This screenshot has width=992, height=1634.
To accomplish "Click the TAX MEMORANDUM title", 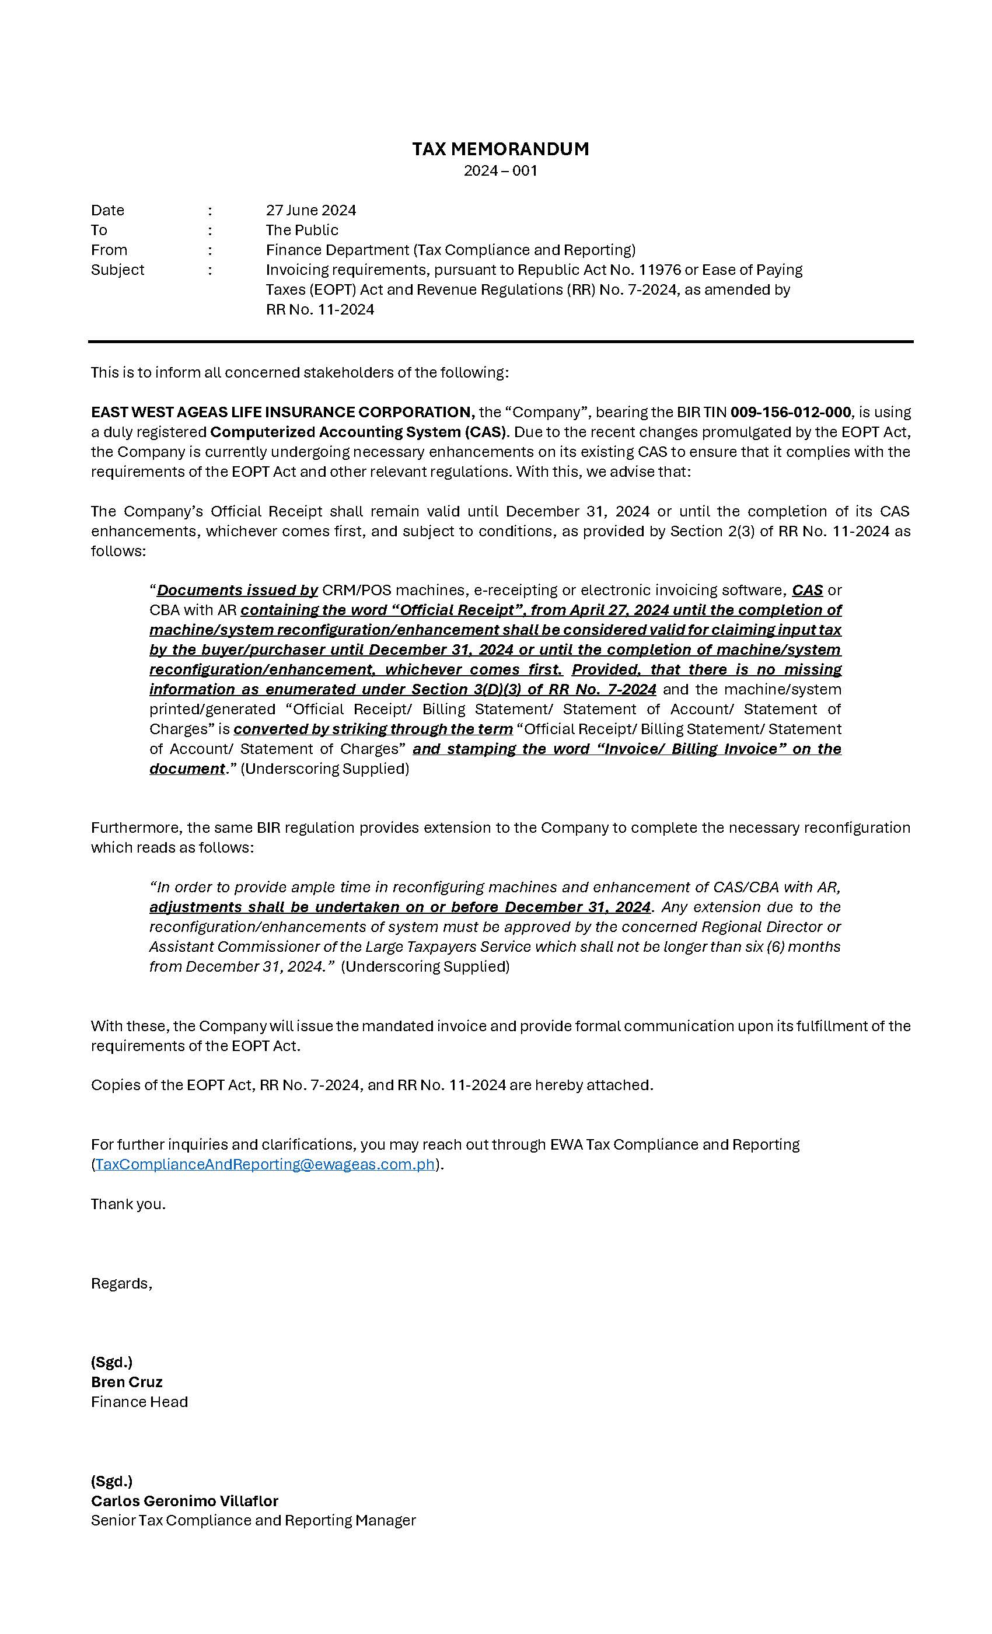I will click(x=500, y=149).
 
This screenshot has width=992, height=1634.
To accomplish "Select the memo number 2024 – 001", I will click(x=500, y=170).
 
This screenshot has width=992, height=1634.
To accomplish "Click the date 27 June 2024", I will click(x=310, y=210).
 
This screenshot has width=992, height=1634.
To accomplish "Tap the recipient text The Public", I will click(x=302, y=230).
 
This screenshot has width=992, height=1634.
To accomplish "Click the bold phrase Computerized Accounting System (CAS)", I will click(x=358, y=432).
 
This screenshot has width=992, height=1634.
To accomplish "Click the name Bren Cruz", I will click(x=127, y=1382).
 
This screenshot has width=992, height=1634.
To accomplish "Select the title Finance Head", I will click(x=139, y=1402).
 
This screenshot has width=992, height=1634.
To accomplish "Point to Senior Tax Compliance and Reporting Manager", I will click(x=253, y=1521).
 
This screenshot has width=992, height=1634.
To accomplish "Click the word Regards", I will click(x=121, y=1283).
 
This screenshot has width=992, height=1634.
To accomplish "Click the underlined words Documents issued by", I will click(x=237, y=590).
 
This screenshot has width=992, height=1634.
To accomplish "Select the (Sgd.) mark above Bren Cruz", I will click(x=111, y=1362).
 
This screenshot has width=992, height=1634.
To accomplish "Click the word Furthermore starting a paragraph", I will click(x=137, y=828).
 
